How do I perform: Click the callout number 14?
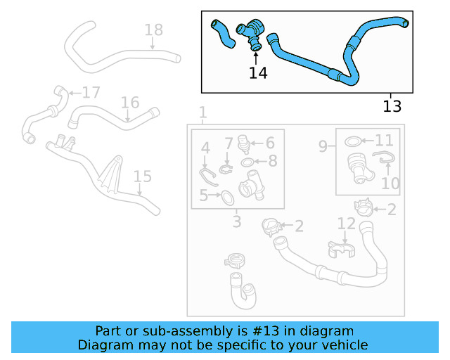258,72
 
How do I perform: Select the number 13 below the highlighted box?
392,106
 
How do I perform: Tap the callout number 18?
153,30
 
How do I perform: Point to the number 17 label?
91,93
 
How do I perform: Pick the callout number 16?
130,103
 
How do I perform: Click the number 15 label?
142,176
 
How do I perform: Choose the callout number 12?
347,224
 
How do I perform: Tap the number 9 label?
323,146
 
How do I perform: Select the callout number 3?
237,222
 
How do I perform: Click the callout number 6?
269,143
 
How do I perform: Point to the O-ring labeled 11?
354,142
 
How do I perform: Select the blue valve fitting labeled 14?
250,33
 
